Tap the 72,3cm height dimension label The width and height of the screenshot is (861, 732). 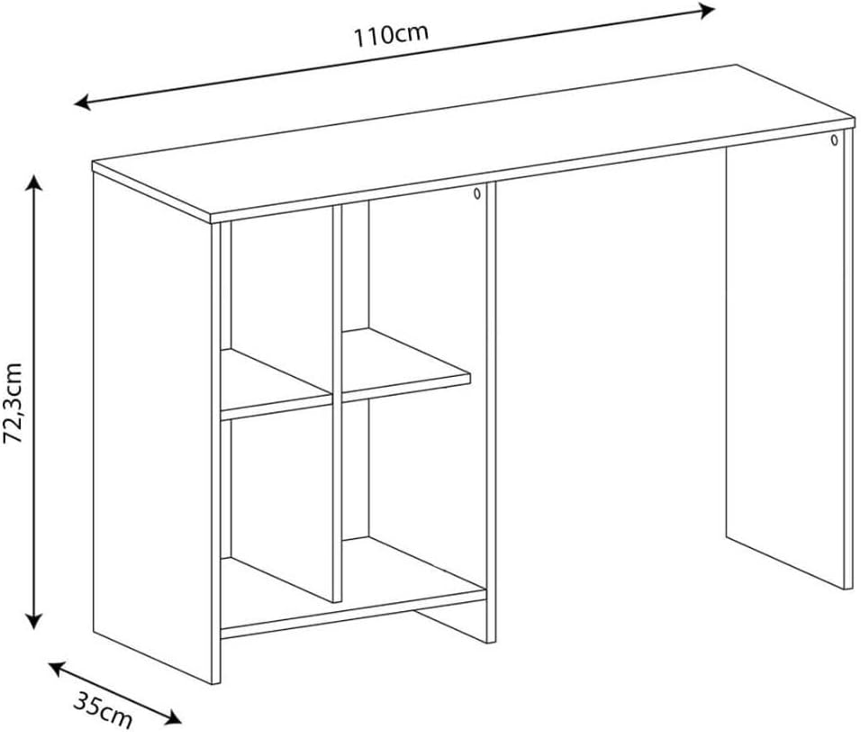click(14, 403)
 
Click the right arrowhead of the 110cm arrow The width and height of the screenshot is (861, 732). click(707, 9)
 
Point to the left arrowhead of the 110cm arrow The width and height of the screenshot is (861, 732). click(82, 102)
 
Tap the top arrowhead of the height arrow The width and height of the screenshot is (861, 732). click(34, 182)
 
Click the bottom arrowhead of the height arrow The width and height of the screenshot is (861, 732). click(34, 621)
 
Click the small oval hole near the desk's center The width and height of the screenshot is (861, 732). click(477, 194)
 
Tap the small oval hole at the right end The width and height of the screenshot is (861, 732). click(834, 140)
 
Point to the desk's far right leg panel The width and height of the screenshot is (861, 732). click(785, 362)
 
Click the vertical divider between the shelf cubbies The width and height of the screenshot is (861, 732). click(337, 404)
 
